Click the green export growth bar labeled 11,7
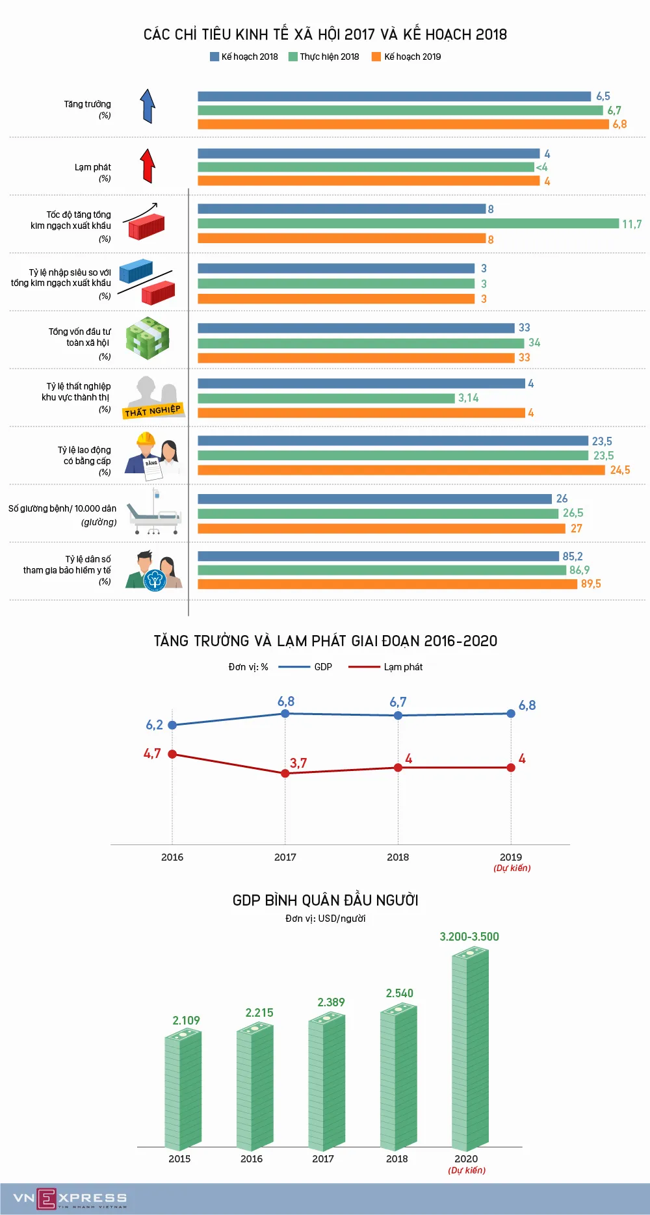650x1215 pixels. pyautogui.click(x=408, y=224)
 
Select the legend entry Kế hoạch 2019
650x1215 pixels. pyautogui.click(x=406, y=57)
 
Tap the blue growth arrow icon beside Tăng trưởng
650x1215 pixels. pyautogui.click(x=148, y=106)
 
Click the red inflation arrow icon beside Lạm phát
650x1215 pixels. pyautogui.click(x=148, y=166)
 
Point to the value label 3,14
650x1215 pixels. pyautogui.click(x=468, y=398)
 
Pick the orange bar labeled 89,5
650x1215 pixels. pyautogui.click(x=387, y=584)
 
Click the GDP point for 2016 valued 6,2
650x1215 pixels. pyautogui.click(x=172, y=725)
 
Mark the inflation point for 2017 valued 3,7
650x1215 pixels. pyautogui.click(x=285, y=773)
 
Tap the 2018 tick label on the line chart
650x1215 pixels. pyautogui.click(x=398, y=857)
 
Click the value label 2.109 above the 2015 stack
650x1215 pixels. pyautogui.click(x=186, y=1021)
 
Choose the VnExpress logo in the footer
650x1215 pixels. pyautogui.click(x=70, y=1198)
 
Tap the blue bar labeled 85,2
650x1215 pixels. pyautogui.click(x=378, y=556)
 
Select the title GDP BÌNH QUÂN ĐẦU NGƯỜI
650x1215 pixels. pyautogui.click(x=325, y=900)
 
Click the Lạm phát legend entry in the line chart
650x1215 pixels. pyautogui.click(x=385, y=667)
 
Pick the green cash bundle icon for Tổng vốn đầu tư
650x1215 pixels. pyautogui.click(x=148, y=338)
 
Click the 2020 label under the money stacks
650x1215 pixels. pyautogui.click(x=466, y=1158)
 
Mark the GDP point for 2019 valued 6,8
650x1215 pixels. pyautogui.click(x=511, y=714)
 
